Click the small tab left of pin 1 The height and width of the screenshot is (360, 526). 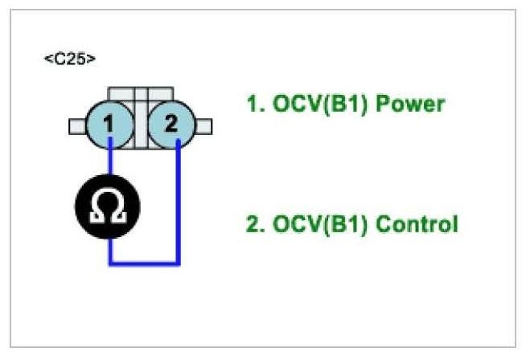(78, 125)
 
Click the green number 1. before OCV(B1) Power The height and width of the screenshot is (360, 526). (253, 104)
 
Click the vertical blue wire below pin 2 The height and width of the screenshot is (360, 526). (179, 201)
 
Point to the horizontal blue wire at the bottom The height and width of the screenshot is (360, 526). (145, 263)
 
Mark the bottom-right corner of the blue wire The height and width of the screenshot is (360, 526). (179, 263)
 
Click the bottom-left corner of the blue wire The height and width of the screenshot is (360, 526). (110, 263)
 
